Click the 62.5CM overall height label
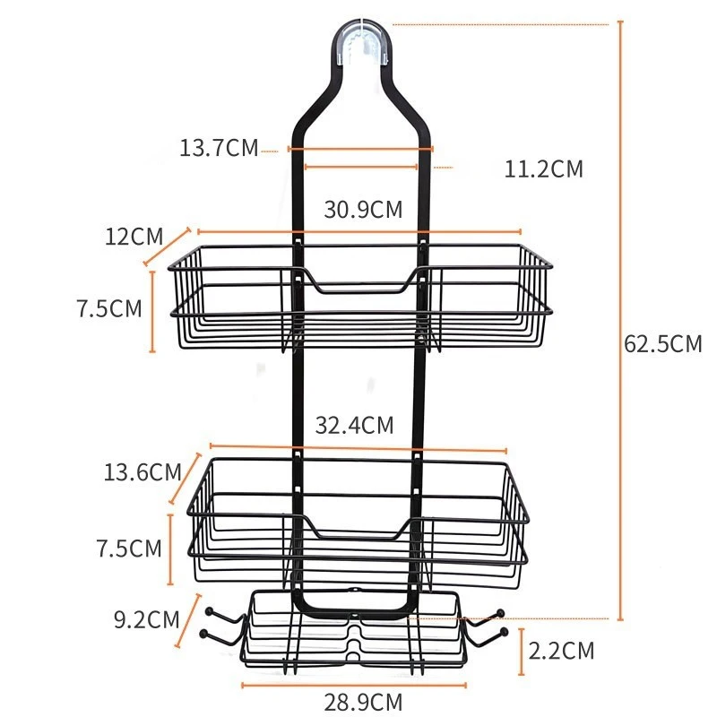[662, 344]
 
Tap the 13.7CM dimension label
[219, 148]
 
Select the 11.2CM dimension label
[544, 168]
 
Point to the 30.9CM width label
[363, 210]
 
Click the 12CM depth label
[134, 237]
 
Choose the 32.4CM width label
[354, 425]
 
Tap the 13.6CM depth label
[143, 472]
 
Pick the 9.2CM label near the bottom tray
[146, 620]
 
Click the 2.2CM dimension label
[561, 651]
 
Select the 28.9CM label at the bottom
[363, 702]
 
